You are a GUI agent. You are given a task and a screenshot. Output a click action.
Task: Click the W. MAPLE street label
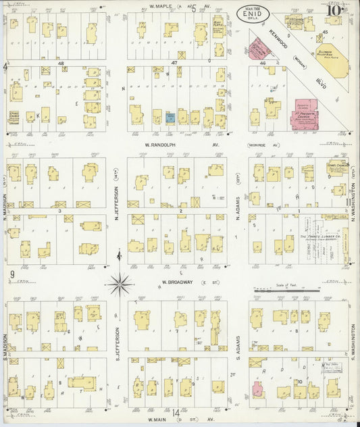point(161,7)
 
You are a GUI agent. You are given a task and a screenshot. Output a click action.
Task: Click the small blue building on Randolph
point(170,117)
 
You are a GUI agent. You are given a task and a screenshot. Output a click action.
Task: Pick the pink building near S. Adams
point(257,389)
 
